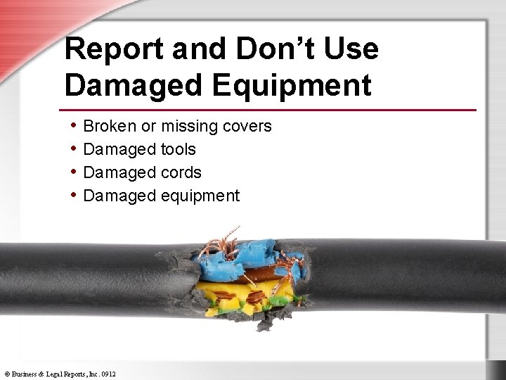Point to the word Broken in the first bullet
pyautogui.click(x=109, y=126)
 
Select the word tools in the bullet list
pyautogui.click(x=179, y=149)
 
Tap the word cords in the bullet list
pyautogui.click(x=181, y=172)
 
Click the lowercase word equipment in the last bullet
pyautogui.click(x=200, y=196)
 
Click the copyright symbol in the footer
pyautogui.click(x=6, y=374)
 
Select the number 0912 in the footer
pyautogui.click(x=108, y=374)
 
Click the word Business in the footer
pyautogui.click(x=24, y=374)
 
